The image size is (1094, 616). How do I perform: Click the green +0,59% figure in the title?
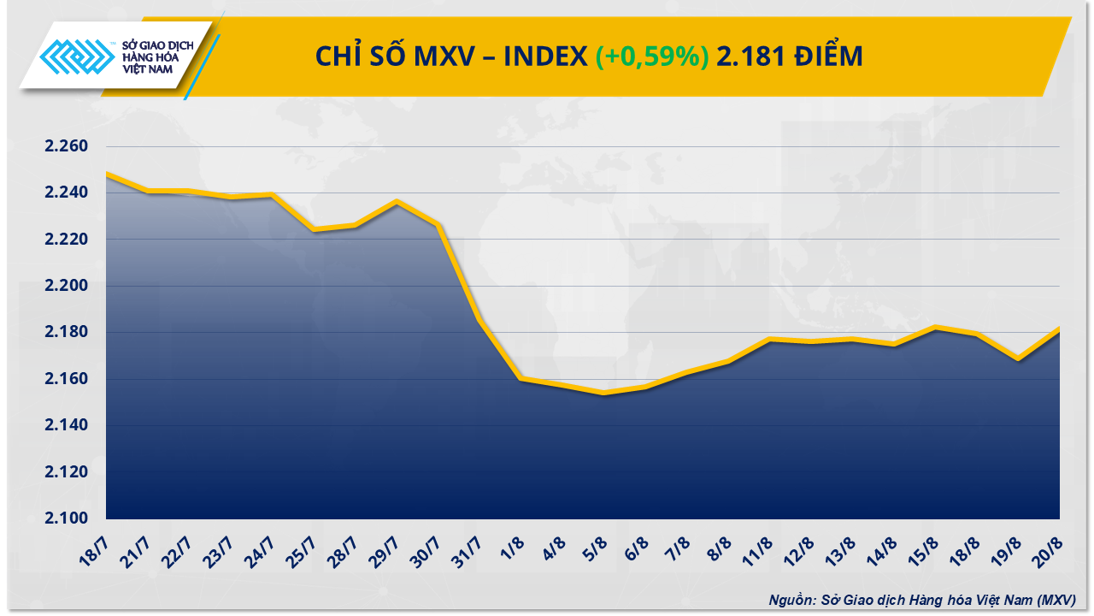click(x=651, y=56)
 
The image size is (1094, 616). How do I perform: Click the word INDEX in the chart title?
click(x=544, y=56)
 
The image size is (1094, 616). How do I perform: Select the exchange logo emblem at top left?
click(x=78, y=60)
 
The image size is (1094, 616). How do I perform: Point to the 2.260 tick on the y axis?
click(x=67, y=146)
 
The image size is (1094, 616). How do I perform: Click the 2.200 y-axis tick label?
click(x=67, y=286)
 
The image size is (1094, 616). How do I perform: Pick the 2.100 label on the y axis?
click(x=67, y=518)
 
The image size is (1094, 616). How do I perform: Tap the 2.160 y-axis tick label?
click(x=67, y=379)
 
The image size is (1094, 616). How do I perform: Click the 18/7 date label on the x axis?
click(x=98, y=546)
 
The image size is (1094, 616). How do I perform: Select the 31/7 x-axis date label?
click(x=474, y=546)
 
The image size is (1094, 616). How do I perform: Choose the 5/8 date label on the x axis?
click(x=599, y=544)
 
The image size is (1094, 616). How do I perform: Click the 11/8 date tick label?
click(x=767, y=546)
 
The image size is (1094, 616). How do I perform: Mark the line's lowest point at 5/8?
click(x=604, y=394)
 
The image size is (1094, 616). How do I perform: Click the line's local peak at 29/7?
click(x=397, y=202)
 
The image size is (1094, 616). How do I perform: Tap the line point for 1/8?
click(x=521, y=378)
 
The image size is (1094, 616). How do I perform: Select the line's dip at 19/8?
click(x=1018, y=359)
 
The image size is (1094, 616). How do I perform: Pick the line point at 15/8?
click(x=935, y=328)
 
